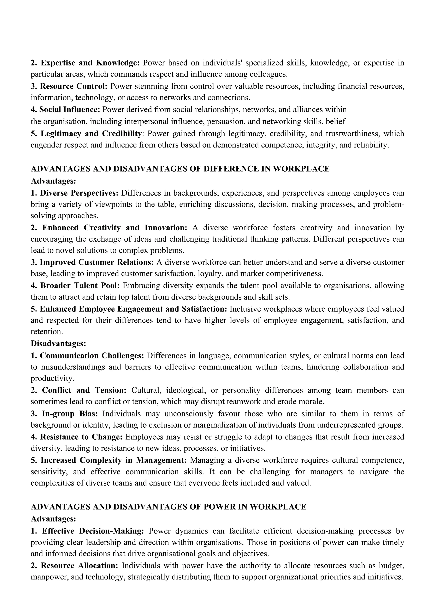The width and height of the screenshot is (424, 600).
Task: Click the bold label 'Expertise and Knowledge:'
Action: point(90,63)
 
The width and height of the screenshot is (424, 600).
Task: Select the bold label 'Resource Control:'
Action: point(74,86)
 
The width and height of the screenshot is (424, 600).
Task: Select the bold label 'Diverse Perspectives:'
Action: point(79,193)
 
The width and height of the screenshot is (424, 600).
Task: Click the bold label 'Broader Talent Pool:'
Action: point(80,285)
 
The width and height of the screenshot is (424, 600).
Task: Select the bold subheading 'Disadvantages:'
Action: point(58,343)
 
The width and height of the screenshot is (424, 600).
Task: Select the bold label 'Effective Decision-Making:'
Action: point(93,531)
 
